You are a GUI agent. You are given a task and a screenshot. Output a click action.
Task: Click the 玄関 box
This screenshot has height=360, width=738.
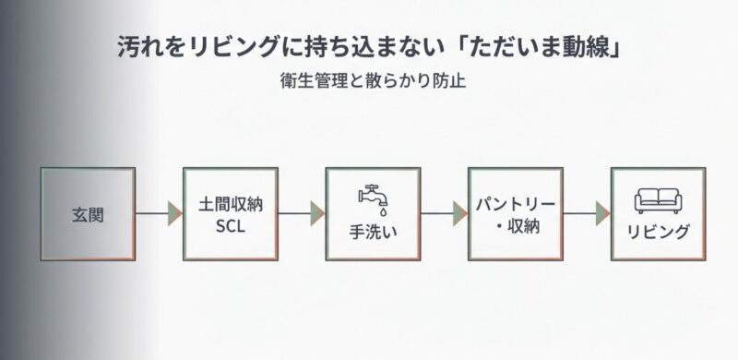[89, 213]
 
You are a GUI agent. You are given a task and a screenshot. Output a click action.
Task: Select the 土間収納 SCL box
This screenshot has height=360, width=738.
[231, 213]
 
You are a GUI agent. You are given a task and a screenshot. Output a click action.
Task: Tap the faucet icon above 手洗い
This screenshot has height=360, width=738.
[373, 197]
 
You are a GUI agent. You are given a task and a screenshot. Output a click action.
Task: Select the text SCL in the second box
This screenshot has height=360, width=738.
[231, 226]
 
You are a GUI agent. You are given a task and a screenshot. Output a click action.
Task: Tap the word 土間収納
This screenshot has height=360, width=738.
[231, 203]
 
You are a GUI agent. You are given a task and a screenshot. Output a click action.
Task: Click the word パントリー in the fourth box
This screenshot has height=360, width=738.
[516, 203]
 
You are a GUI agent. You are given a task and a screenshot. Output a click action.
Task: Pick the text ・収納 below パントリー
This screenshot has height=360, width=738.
[516, 226]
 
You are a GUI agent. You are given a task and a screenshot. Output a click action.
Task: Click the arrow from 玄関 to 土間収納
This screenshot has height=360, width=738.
[159, 213]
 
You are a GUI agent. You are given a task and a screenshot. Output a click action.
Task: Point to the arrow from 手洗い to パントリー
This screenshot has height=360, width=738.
[444, 213]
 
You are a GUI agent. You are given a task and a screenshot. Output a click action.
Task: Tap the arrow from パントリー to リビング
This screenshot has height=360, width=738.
[587, 213]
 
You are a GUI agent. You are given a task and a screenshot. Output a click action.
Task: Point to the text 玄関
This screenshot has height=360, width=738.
[89, 214]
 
